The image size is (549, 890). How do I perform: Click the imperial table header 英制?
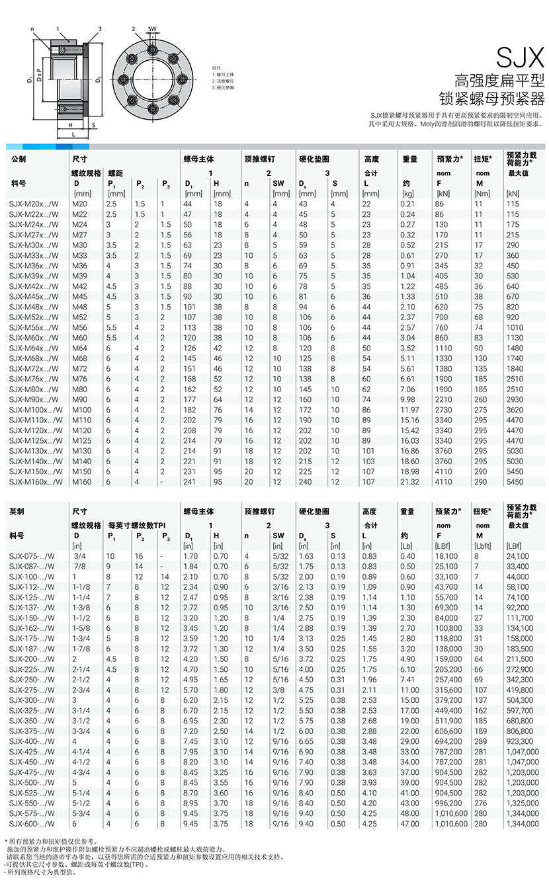19,511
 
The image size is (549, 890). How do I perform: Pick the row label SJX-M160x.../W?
38,482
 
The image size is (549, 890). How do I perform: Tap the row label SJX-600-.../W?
36,824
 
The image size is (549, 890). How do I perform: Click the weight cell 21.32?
409,482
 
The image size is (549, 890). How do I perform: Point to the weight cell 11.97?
409,410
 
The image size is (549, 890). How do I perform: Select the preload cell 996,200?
449,803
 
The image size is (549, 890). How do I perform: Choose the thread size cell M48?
80,307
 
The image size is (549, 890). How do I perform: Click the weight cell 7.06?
407,389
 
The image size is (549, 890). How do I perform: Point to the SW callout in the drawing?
152,29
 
